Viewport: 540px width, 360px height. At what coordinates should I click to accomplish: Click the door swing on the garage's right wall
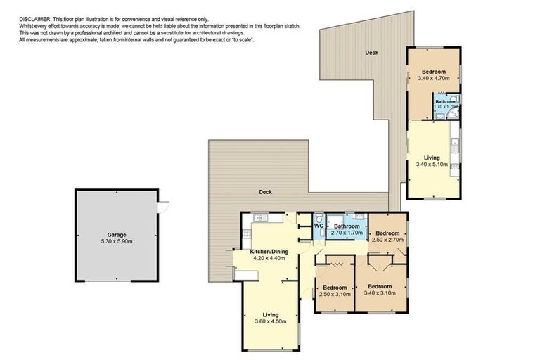tap(164, 205)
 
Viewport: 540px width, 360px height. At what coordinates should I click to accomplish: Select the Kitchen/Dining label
tap(269, 251)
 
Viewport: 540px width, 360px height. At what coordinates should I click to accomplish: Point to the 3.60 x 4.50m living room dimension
tap(271, 322)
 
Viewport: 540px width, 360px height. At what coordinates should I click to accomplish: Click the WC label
tap(319, 226)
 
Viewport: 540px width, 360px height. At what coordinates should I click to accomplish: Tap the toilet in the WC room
tap(319, 219)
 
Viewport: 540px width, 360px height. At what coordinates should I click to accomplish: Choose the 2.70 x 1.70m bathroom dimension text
tap(346, 232)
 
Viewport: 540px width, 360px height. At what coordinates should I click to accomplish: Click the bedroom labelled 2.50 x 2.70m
tap(387, 236)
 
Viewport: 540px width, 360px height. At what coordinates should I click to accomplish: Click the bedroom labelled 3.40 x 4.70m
tap(434, 75)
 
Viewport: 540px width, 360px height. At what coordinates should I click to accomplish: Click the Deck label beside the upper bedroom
tap(372, 53)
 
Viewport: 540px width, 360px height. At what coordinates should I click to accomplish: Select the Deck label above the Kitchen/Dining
tap(265, 192)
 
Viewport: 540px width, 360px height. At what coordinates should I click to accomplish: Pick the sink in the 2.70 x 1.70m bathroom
tap(359, 216)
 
